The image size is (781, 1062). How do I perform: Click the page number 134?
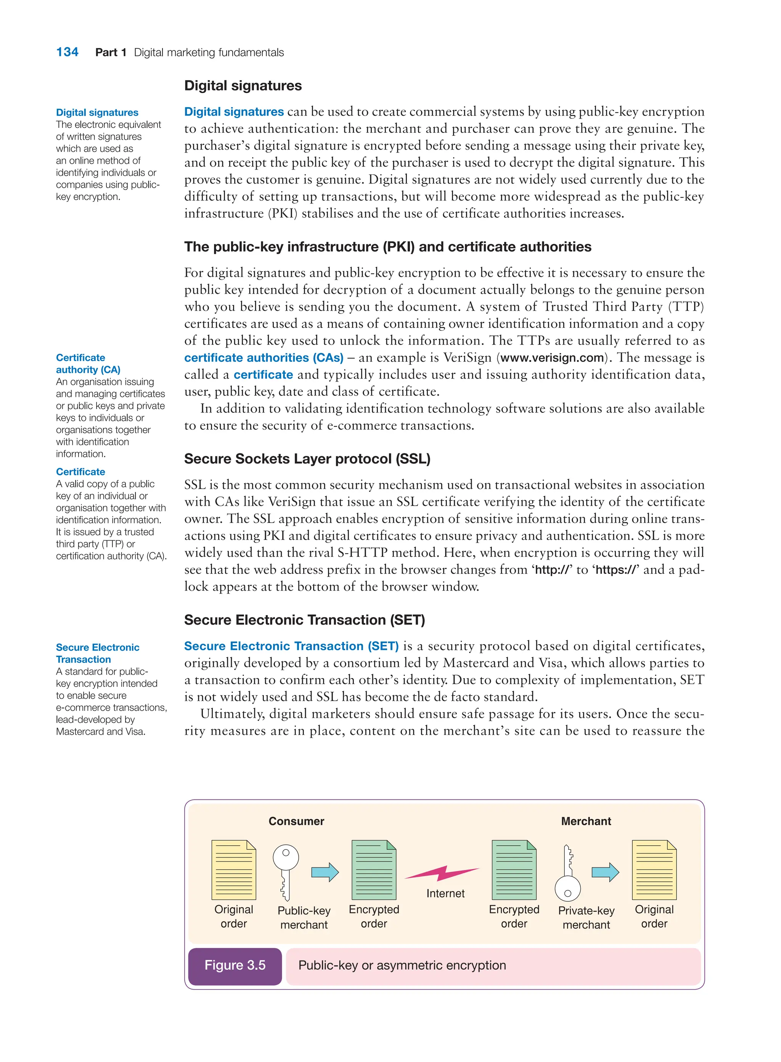pyautogui.click(x=67, y=52)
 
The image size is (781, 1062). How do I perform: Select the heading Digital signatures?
pyautogui.click(x=243, y=85)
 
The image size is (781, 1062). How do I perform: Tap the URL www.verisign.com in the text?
pyautogui.click(x=552, y=358)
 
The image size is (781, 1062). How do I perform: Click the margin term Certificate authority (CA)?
pyautogui.click(x=88, y=363)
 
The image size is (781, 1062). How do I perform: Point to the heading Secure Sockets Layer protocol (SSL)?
pyautogui.click(x=307, y=458)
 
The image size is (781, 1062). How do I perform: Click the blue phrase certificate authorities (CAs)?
pyautogui.click(x=264, y=358)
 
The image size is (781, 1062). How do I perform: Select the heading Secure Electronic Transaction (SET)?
pyautogui.click(x=304, y=620)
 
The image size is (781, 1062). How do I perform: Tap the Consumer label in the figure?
pyautogui.click(x=296, y=821)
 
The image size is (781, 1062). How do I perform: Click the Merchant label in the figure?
pyautogui.click(x=585, y=821)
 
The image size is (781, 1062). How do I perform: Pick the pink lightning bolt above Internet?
pyautogui.click(x=442, y=873)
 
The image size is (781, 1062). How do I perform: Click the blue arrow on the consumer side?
pyautogui.click(x=325, y=872)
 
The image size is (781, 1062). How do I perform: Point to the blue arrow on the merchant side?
pyautogui.click(x=605, y=872)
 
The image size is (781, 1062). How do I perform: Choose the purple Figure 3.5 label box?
pyautogui.click(x=235, y=965)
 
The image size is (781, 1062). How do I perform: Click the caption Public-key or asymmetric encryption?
pyautogui.click(x=402, y=965)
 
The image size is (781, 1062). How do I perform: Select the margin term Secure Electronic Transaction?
pyautogui.click(x=97, y=653)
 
